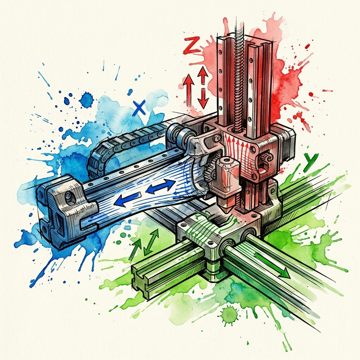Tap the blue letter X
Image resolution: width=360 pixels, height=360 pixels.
tap(140, 108)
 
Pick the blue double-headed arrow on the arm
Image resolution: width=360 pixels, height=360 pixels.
tap(161, 186)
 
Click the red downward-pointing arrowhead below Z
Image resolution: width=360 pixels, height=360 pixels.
tap(203, 102)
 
